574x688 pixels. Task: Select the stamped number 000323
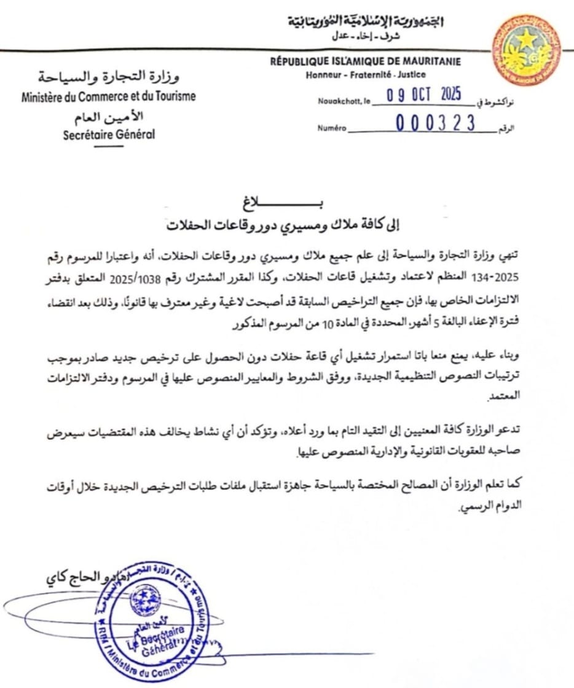tap(435, 124)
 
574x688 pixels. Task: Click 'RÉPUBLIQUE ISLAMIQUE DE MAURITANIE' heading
tap(365, 61)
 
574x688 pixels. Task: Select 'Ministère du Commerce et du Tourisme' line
tap(109, 96)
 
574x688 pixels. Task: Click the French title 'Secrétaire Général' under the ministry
tap(109, 135)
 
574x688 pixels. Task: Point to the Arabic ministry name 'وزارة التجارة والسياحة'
tap(109, 78)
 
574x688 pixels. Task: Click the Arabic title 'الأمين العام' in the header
tap(109, 116)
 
